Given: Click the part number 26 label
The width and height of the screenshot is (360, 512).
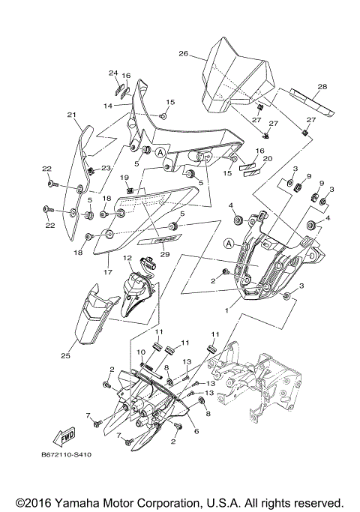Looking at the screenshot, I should (x=182, y=54).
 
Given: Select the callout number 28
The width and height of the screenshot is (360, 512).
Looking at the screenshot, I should (x=322, y=87).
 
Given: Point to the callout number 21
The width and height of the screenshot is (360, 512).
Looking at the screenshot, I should (x=72, y=115).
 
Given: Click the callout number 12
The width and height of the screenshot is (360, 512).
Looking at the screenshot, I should (x=127, y=258).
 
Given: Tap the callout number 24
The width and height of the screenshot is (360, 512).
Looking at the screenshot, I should (x=113, y=73).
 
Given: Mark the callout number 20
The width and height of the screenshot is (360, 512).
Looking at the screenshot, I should (x=268, y=158).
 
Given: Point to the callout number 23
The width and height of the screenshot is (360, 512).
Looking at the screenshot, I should (x=106, y=169).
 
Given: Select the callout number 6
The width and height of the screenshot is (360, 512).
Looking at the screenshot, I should (x=196, y=432).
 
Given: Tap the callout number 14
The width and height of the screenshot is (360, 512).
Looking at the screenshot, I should (x=108, y=106).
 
